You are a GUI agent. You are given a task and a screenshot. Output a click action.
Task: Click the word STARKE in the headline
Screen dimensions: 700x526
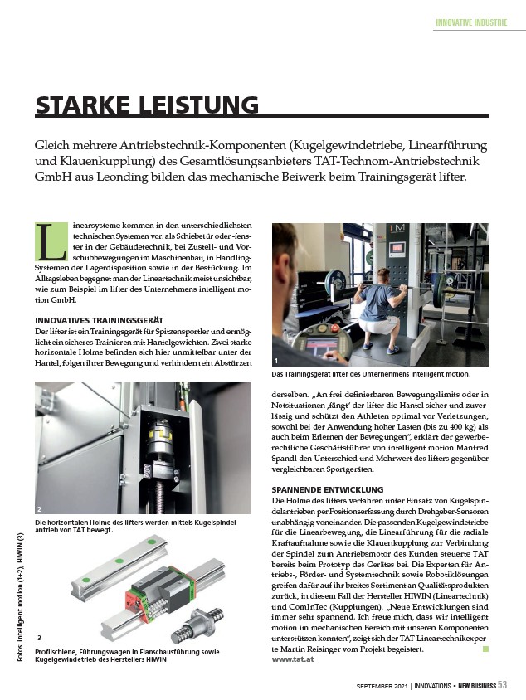click(x=83, y=105)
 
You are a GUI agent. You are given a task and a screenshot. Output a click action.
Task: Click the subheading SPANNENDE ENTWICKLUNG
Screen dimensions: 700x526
click(x=327, y=490)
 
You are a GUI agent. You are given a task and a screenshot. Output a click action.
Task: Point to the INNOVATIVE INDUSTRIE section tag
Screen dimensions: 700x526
click(x=471, y=22)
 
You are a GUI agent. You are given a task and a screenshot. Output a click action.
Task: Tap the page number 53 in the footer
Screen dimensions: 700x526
click(x=503, y=684)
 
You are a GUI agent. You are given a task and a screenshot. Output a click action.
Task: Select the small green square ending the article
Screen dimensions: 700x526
click(x=485, y=649)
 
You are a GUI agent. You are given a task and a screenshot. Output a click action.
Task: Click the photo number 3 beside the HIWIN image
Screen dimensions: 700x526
click(x=40, y=637)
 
